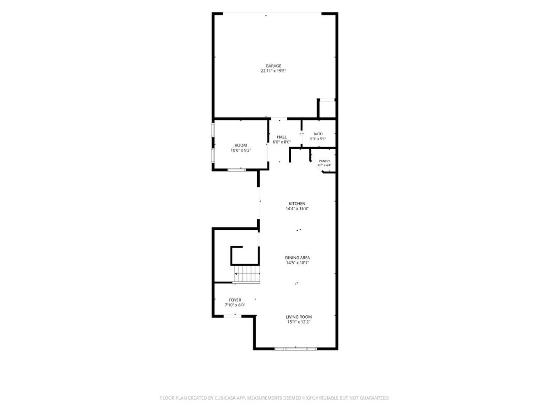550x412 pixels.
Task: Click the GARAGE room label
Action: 273,66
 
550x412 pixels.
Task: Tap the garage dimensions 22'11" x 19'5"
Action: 273,71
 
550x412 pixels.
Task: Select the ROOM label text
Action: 241,145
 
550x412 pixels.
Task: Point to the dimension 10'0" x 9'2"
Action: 241,150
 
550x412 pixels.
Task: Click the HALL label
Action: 281,137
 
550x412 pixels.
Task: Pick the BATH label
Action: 318,134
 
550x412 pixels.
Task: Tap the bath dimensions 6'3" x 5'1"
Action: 318,139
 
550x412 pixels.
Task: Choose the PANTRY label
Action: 324,161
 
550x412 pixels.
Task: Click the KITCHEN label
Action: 297,204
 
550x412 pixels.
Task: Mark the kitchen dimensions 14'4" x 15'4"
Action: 297,209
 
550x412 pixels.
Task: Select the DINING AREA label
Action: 297,258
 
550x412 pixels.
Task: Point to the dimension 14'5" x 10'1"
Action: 297,263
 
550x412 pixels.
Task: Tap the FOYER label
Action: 235,300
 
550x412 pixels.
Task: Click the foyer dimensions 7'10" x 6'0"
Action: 235,305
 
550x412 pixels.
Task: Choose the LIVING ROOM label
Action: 299,317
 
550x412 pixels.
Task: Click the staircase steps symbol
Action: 247,274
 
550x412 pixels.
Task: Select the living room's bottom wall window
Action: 296,349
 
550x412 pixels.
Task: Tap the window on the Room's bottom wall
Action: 237,170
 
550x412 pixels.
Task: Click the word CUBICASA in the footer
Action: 225,398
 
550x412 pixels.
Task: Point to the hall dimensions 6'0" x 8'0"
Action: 281,142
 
